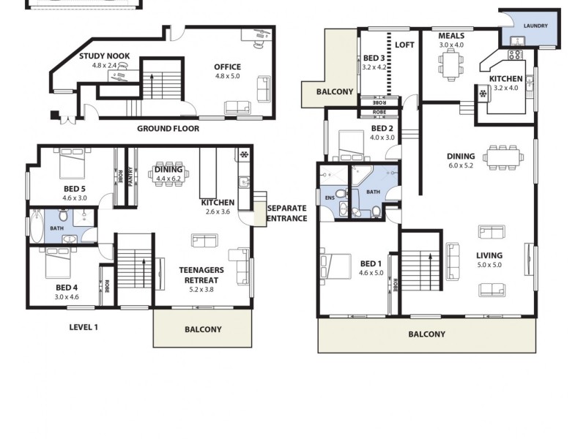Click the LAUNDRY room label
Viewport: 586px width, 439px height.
tap(535, 26)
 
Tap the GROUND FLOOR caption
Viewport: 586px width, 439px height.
tap(168, 128)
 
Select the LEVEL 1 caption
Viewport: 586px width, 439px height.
tap(84, 327)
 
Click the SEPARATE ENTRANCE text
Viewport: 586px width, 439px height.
tap(286, 213)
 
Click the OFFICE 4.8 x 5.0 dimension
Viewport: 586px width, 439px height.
tap(227, 76)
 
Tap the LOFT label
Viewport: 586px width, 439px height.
tap(404, 45)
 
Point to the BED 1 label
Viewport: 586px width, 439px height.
tap(371, 263)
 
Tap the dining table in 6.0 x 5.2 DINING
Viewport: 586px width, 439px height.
tap(502, 156)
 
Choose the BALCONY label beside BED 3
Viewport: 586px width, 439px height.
tap(335, 92)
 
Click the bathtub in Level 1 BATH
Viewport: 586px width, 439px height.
tap(35, 226)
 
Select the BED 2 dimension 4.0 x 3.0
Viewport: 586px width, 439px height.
tap(382, 138)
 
